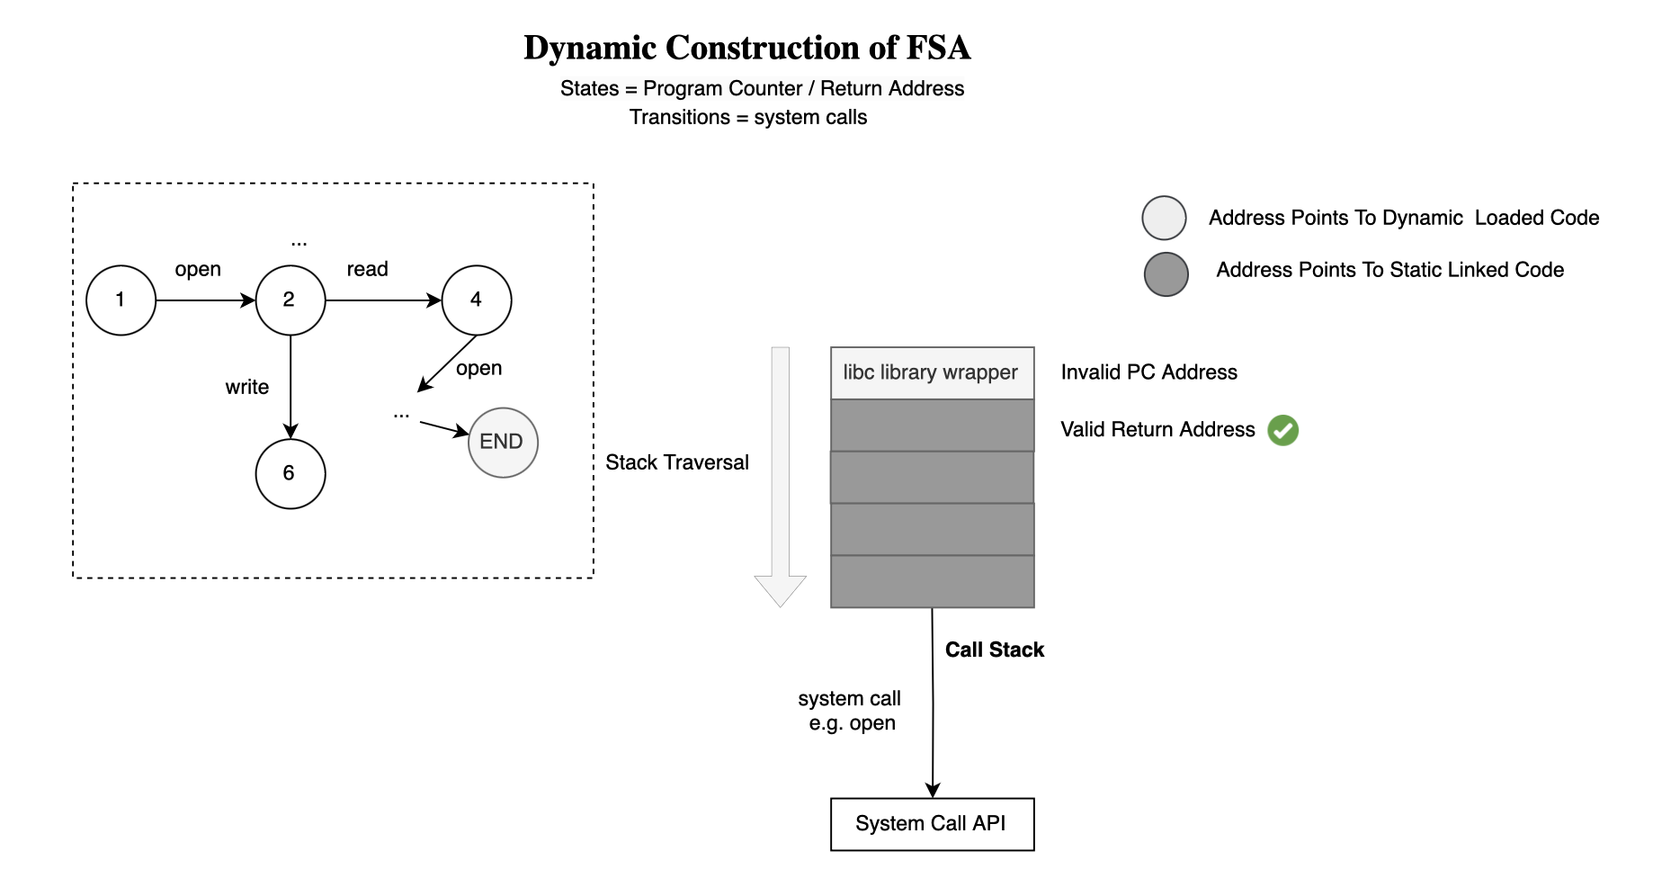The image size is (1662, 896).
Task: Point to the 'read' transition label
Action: (367, 269)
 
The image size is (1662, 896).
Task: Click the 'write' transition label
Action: (247, 387)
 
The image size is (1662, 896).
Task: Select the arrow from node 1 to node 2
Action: (206, 300)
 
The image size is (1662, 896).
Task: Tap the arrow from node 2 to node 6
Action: (290, 388)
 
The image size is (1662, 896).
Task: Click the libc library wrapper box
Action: (933, 372)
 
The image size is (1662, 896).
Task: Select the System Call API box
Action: (933, 824)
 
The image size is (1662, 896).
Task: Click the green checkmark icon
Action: (1283, 430)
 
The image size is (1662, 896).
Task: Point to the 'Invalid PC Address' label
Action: (1148, 372)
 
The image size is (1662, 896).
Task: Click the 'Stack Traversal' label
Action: (677, 462)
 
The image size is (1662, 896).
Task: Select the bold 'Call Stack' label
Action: (995, 650)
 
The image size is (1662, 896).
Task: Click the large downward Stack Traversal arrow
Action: (781, 477)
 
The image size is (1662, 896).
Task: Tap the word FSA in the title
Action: (938, 48)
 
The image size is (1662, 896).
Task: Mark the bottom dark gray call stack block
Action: (933, 582)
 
